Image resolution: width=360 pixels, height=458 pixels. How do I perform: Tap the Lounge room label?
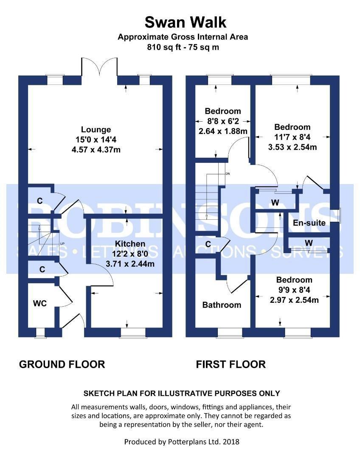coord(96,130)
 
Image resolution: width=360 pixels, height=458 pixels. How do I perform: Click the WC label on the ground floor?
coord(40,303)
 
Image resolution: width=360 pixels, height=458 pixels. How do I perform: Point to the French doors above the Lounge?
coord(99,68)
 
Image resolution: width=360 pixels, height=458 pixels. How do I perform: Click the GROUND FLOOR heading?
coord(62,364)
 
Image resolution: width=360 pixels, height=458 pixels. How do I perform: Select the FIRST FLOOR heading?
coord(231,364)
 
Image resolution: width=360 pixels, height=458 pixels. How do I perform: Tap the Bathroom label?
coord(222,304)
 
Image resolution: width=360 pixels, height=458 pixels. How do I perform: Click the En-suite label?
coord(309,222)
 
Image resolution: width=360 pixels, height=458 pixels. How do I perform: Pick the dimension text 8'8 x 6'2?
coord(222,121)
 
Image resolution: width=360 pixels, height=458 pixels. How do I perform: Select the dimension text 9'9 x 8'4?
coord(294,290)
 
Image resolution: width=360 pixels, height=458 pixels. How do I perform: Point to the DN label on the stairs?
coord(228,174)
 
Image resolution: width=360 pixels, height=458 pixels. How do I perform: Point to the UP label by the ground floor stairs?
coord(62,244)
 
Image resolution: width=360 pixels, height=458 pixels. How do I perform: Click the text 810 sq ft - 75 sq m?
coord(183,47)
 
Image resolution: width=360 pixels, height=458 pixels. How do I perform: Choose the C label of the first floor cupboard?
coord(208,244)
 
